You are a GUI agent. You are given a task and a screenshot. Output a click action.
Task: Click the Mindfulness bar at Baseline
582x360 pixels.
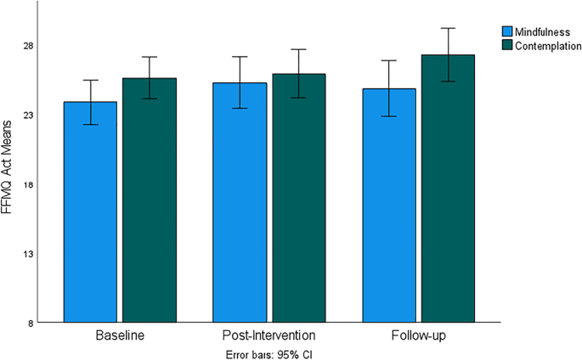click(x=90, y=212)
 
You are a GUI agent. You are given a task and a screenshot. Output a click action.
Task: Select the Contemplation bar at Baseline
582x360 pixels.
click(x=149, y=200)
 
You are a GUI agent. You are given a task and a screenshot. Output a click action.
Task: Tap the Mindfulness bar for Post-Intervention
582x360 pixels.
click(x=240, y=203)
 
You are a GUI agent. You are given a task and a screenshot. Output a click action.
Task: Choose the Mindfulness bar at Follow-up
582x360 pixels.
click(x=389, y=205)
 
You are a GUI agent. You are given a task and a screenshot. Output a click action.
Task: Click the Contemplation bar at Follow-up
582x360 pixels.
click(x=449, y=188)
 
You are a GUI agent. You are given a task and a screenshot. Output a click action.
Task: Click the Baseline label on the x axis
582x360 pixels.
click(x=120, y=336)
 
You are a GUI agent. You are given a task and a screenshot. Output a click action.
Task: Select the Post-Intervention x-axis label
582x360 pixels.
click(x=268, y=336)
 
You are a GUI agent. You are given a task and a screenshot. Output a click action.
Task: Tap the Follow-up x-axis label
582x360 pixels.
click(x=419, y=336)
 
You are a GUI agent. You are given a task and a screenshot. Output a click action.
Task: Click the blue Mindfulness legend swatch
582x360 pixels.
click(x=507, y=31)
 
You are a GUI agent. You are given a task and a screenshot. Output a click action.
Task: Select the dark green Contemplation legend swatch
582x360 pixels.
click(x=507, y=43)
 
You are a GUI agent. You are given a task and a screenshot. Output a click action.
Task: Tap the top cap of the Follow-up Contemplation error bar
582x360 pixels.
click(x=449, y=28)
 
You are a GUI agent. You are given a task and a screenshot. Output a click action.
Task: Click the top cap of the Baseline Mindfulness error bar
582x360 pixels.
click(x=90, y=80)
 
